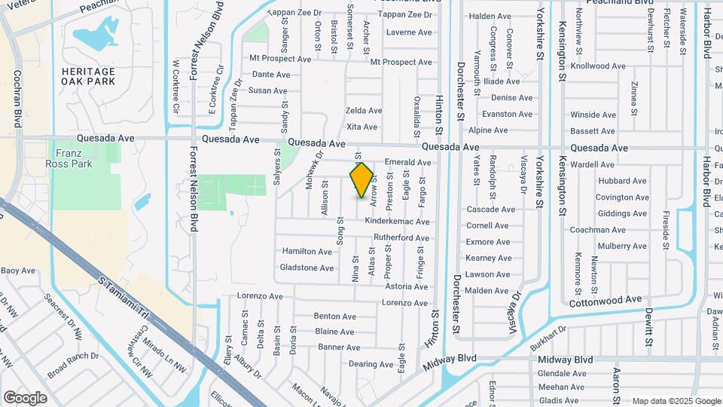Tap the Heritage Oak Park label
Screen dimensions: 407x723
(x=89, y=75)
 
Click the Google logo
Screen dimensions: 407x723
(x=25, y=397)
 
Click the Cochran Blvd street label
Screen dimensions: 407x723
(x=17, y=99)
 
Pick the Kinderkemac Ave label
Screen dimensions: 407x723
(x=397, y=222)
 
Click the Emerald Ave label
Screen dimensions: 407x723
(x=407, y=162)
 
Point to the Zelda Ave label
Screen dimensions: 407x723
(x=363, y=111)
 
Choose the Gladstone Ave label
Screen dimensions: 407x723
(x=307, y=268)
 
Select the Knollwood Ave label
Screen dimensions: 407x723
(x=598, y=66)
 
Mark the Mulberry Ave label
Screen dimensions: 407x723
(x=621, y=246)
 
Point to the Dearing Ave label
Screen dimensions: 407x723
(x=372, y=364)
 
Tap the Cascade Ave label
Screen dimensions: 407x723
(x=490, y=209)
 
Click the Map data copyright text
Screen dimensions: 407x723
(x=676, y=401)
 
